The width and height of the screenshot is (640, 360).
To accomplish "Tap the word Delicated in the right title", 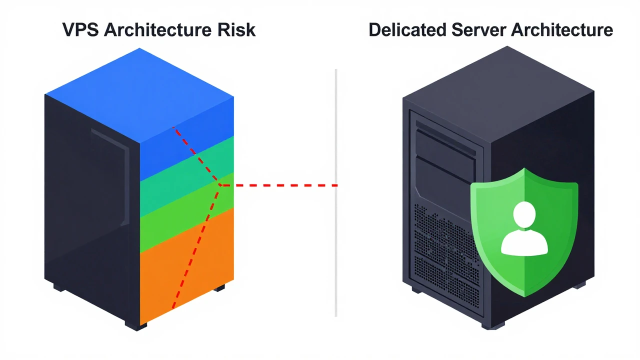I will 407,30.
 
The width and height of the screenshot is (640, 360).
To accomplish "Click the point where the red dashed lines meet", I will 220,185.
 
